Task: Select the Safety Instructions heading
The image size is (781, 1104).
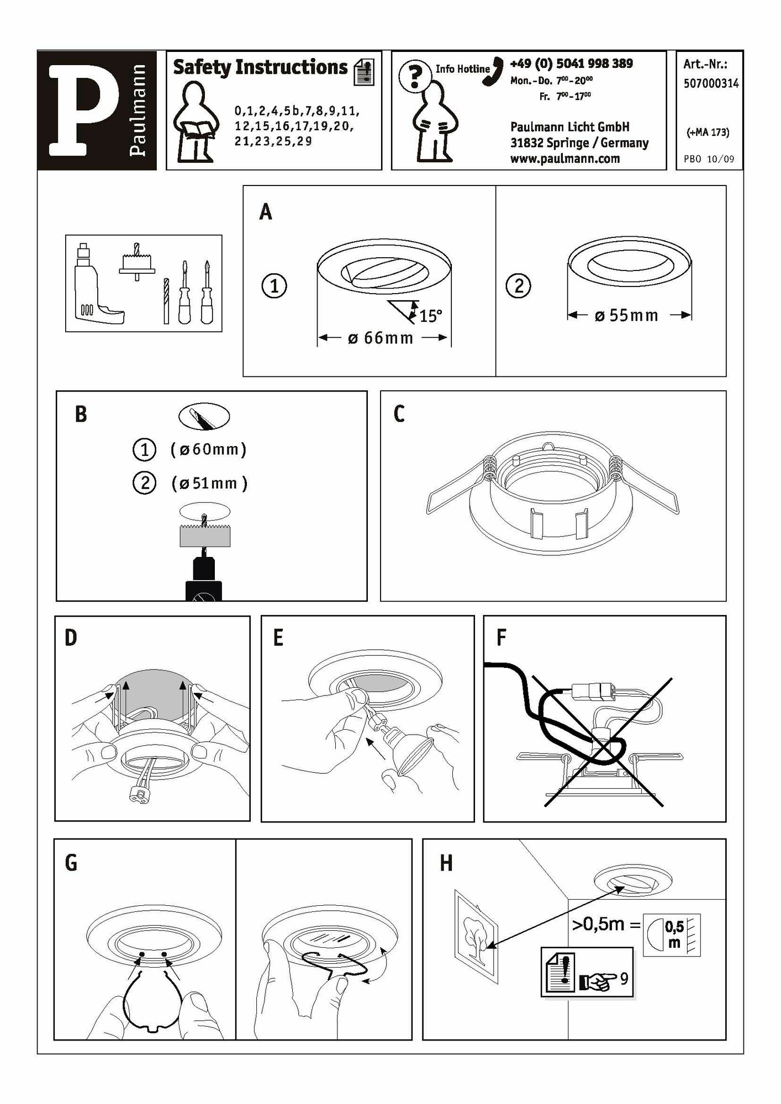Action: point(260,67)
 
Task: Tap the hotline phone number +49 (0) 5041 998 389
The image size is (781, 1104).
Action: point(571,63)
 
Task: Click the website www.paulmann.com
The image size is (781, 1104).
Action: point(564,159)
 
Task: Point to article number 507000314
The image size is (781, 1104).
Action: point(711,83)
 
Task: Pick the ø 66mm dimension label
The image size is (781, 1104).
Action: point(381,338)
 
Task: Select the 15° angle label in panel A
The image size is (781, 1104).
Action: point(431,316)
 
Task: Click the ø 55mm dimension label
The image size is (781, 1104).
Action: point(626,316)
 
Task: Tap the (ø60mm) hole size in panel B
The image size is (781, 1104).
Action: point(208,449)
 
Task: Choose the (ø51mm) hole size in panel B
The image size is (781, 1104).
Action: point(209,484)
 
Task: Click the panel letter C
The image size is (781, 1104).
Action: point(399,414)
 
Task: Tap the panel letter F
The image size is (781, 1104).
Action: point(501,638)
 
